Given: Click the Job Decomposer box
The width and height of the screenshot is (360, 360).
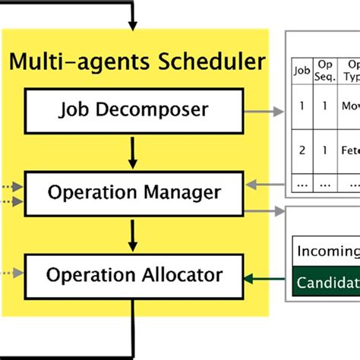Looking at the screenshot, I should click(x=134, y=109).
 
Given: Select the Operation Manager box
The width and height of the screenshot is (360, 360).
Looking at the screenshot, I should click(x=134, y=192).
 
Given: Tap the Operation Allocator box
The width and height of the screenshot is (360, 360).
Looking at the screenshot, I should click(x=134, y=274).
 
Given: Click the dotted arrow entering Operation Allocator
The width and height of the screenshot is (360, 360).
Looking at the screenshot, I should click(x=12, y=273).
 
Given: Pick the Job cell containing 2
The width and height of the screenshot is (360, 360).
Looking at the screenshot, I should click(x=302, y=150).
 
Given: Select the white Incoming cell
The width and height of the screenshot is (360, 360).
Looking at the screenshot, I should click(x=327, y=251).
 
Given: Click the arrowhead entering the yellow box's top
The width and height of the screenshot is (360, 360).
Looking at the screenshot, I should click(x=134, y=25).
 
